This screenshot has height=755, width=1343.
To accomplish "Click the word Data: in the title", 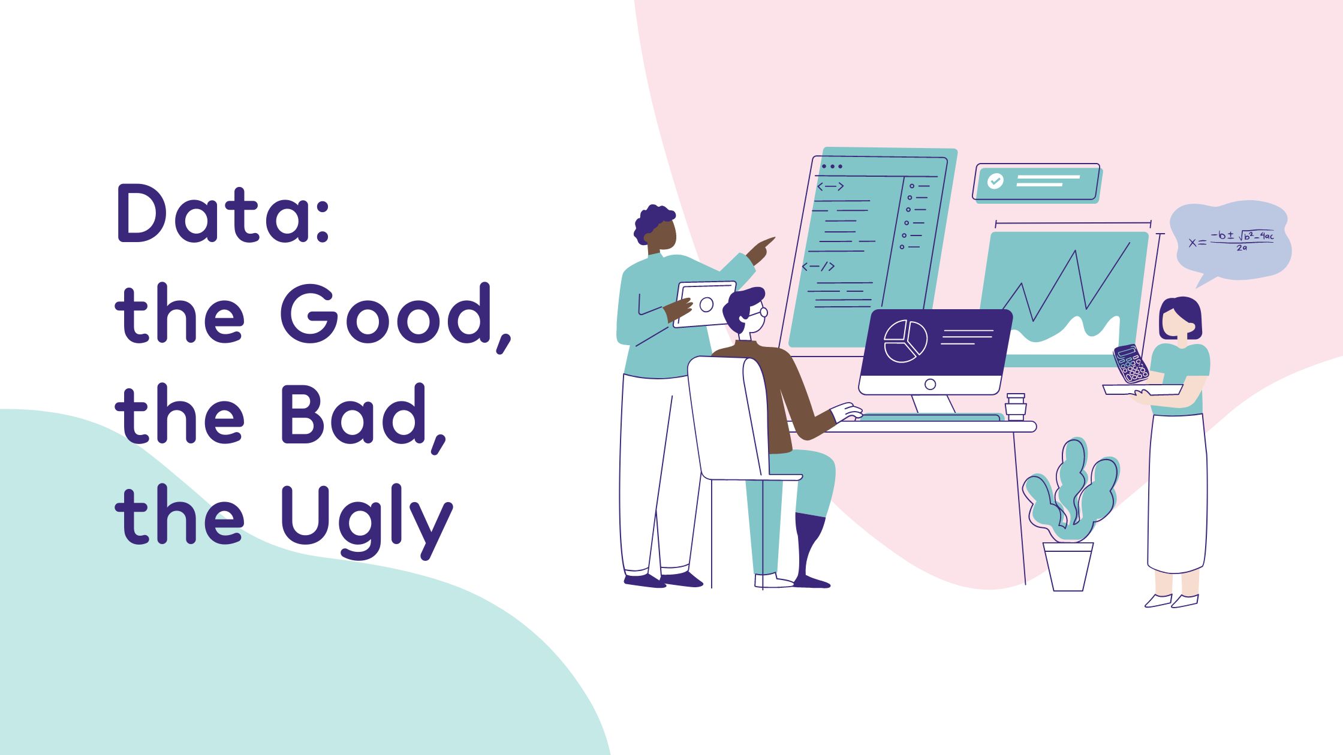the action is point(223,213).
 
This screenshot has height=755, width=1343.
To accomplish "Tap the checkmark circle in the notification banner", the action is point(995,181).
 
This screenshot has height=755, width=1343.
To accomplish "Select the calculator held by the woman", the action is point(1131,363).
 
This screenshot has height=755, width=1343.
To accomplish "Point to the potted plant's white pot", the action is point(1068,567).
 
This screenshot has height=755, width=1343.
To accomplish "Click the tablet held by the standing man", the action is point(705,304).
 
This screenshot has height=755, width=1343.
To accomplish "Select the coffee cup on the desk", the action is point(1016,406).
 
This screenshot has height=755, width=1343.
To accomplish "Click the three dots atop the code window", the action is point(832,167).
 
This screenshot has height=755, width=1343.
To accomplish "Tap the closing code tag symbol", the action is point(818,267).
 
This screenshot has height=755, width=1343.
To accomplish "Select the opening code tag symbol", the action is point(830,187).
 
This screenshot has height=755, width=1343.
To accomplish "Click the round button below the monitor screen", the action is point(930,385).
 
